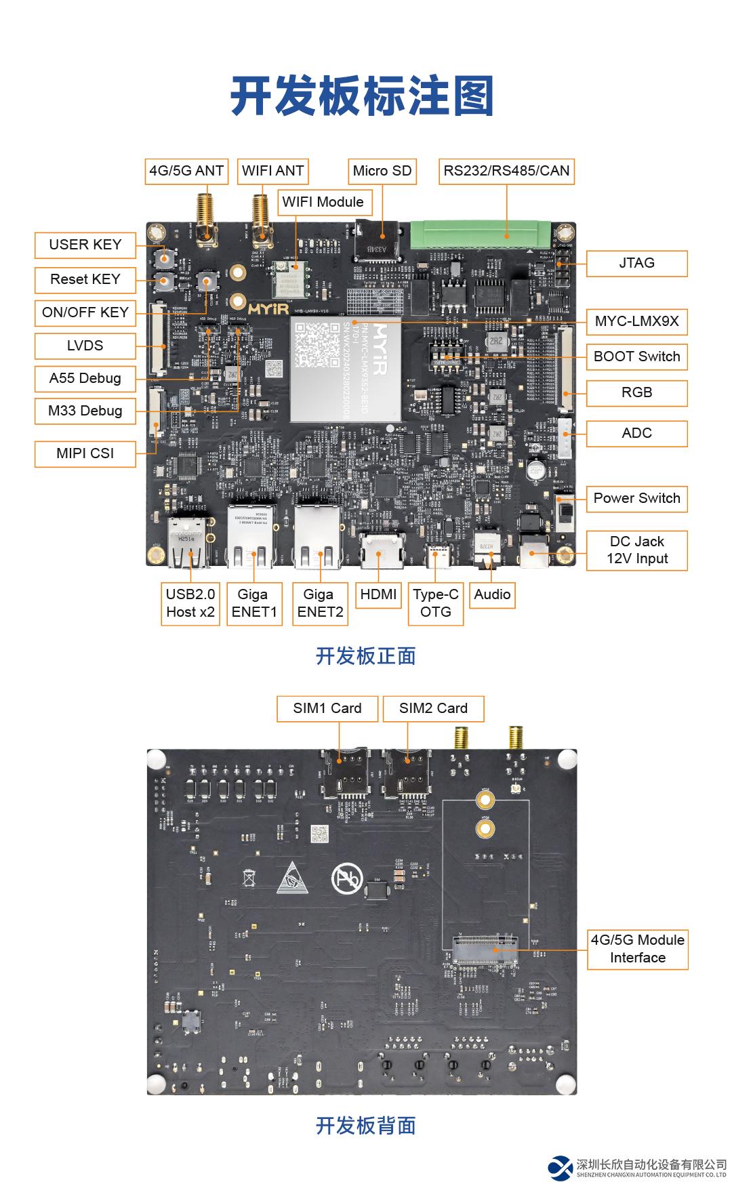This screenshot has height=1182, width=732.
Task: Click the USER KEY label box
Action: pyautogui.click(x=85, y=245)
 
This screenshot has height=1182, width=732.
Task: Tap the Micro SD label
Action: pyautogui.click(x=382, y=171)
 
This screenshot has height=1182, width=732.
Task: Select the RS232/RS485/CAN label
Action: pyautogui.click(x=506, y=171)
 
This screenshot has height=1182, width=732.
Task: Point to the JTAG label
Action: pyautogui.click(x=636, y=263)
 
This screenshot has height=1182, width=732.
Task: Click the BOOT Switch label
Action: pyautogui.click(x=636, y=356)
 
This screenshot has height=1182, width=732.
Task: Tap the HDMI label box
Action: pyautogui.click(x=378, y=594)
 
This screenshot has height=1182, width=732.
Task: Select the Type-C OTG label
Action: pyautogui.click(x=435, y=603)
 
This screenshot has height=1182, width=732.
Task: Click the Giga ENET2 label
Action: pyautogui.click(x=319, y=603)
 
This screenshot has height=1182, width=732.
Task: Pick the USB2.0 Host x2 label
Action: pyautogui.click(x=190, y=603)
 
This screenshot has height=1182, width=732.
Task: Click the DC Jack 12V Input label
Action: pyautogui.click(x=636, y=550)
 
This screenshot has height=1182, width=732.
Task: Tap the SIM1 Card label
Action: pyautogui.click(x=327, y=708)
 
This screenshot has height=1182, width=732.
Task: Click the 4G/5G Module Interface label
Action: pyautogui.click(x=637, y=948)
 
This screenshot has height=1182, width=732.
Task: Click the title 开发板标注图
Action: pyautogui.click(x=362, y=96)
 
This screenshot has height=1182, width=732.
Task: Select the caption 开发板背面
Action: pyautogui.click(x=365, y=1125)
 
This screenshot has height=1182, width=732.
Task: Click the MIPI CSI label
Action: pyautogui.click(x=85, y=453)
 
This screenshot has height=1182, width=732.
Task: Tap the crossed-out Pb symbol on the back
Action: pyautogui.click(x=347, y=878)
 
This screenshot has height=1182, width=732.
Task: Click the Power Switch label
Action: pyautogui.click(x=636, y=498)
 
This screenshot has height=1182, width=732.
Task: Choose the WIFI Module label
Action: pyautogui.click(x=323, y=202)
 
